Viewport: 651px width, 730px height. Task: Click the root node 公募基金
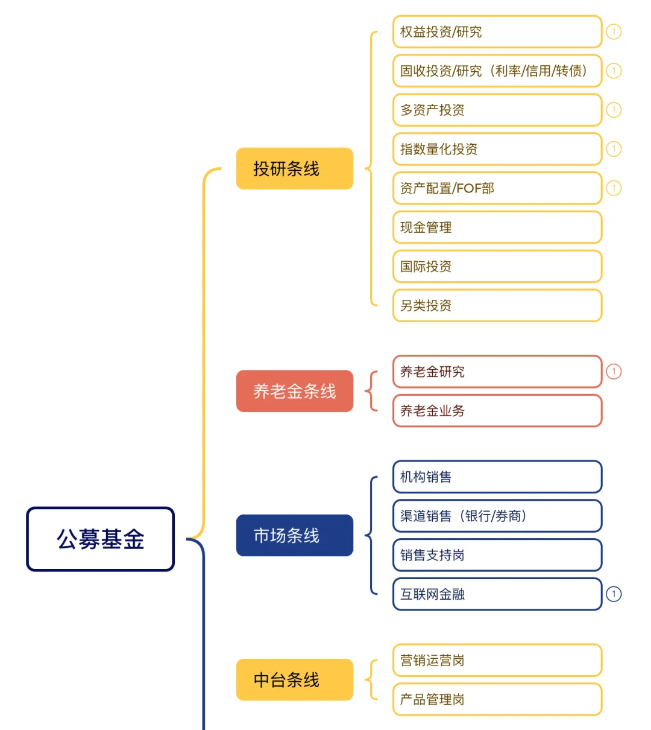point(100,539)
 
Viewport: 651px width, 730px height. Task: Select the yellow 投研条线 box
point(294,168)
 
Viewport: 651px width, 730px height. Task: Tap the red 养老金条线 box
point(294,391)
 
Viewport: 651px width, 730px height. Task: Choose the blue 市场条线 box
point(294,535)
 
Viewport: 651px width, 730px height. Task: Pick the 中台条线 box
point(294,679)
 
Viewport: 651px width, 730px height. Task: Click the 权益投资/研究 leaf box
point(497,31)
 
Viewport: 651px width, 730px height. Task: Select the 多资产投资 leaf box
point(497,110)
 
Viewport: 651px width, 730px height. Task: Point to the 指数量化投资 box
point(497,149)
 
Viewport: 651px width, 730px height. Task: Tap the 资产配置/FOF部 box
point(497,188)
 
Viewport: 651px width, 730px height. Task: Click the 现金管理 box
point(497,227)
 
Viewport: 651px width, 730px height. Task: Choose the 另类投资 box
point(497,305)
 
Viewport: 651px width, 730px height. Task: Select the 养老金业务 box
point(497,411)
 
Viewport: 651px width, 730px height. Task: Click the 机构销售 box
point(497,477)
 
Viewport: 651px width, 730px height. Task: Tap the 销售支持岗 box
point(497,555)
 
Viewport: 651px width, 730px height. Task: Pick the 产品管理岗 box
point(497,699)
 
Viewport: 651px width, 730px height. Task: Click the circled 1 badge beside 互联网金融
point(614,594)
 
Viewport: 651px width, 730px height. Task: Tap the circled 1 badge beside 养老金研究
point(614,372)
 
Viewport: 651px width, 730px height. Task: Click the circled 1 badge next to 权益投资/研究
point(614,31)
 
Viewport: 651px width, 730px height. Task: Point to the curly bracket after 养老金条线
point(371,391)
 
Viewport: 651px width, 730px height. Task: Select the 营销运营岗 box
point(497,660)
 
